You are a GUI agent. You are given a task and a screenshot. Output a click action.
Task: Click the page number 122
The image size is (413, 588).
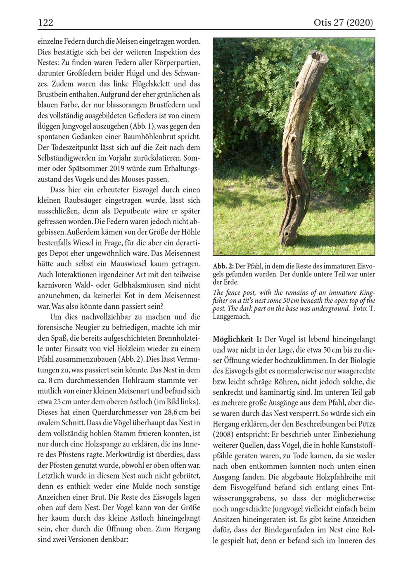point(45,23)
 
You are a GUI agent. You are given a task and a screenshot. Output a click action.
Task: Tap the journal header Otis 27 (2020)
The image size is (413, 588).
point(343,23)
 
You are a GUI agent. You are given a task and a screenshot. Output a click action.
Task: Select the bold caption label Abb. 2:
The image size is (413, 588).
point(223,266)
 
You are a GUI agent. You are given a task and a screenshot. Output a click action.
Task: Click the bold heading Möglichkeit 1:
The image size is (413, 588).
point(237,339)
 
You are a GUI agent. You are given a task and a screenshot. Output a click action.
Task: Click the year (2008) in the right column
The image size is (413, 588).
point(224,435)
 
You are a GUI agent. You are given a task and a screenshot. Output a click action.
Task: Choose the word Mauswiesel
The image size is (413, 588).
point(132,264)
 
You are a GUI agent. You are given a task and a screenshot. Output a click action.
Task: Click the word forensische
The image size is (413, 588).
point(57,328)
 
